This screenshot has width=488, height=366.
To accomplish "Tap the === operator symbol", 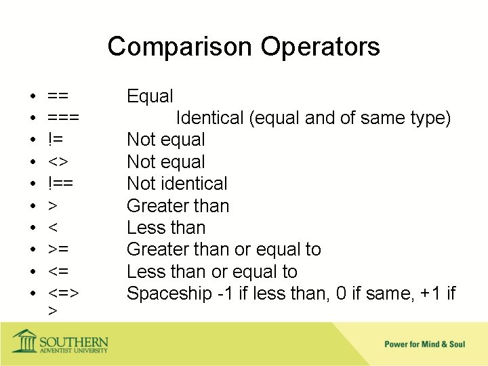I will pos(64,118).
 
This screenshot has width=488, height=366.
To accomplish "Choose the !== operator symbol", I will pos(61,184).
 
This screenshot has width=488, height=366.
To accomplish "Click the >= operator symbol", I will pos(58,249).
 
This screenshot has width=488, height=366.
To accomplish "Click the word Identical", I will pos(209,118).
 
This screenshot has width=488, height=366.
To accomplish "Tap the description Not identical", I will pos(177,184).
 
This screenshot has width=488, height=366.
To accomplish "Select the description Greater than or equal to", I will pos(224,249).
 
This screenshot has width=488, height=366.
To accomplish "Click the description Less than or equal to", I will pos(211,272).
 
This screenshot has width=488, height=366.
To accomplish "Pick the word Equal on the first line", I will pos(150,96).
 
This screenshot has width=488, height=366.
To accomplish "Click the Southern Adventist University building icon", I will pos(25,341).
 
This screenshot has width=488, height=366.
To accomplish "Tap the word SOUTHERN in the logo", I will pos(73,339).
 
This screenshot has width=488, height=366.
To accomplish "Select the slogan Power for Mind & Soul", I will pos(424,344).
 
